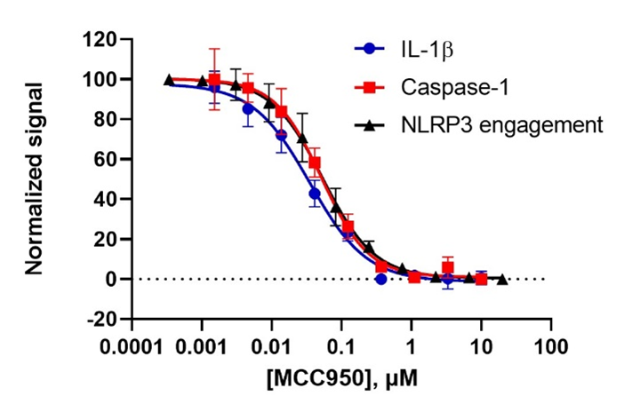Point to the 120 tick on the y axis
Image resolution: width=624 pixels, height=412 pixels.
[x=100, y=40]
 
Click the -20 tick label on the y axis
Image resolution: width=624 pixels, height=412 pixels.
[x=100, y=319]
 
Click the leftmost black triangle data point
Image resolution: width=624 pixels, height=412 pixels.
[x=169, y=80]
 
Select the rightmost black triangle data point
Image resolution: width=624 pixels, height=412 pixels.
[x=502, y=279]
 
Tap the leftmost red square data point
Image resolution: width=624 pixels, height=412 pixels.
[x=213, y=80]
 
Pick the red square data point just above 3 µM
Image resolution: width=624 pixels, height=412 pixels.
[x=448, y=267]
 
